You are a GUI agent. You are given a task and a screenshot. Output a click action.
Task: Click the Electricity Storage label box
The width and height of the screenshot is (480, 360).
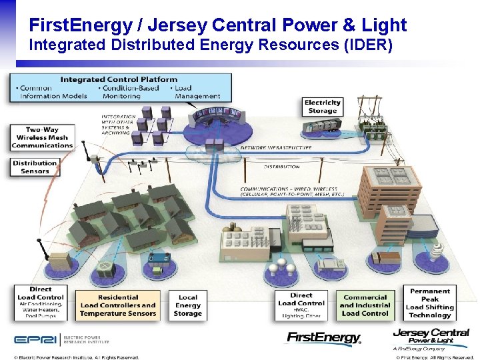pos(323,107)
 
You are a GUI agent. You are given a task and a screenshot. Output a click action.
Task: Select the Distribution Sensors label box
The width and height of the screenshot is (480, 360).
pos(35,167)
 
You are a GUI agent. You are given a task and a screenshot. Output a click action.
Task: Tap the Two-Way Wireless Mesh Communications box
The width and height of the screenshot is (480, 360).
pos(42,137)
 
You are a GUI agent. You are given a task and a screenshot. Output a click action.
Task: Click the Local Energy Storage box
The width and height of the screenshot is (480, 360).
pos(188,305)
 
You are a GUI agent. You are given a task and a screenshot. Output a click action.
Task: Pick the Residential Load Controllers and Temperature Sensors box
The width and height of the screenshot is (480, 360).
pos(118,305)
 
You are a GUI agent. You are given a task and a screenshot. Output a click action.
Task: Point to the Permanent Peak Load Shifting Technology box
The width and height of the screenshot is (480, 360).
pos(430,303)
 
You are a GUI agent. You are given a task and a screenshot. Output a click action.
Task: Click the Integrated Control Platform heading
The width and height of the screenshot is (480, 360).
pos(119,79)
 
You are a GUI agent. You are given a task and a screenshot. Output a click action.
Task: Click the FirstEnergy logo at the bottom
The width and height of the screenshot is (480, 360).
pos(324,338)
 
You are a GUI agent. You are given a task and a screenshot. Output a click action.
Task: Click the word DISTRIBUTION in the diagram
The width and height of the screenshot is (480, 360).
pos(281,166)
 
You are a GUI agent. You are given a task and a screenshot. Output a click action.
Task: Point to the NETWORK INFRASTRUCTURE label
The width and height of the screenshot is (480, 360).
pos(275,147)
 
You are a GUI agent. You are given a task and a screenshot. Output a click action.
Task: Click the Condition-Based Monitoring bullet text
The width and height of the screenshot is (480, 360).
pos(131,92)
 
